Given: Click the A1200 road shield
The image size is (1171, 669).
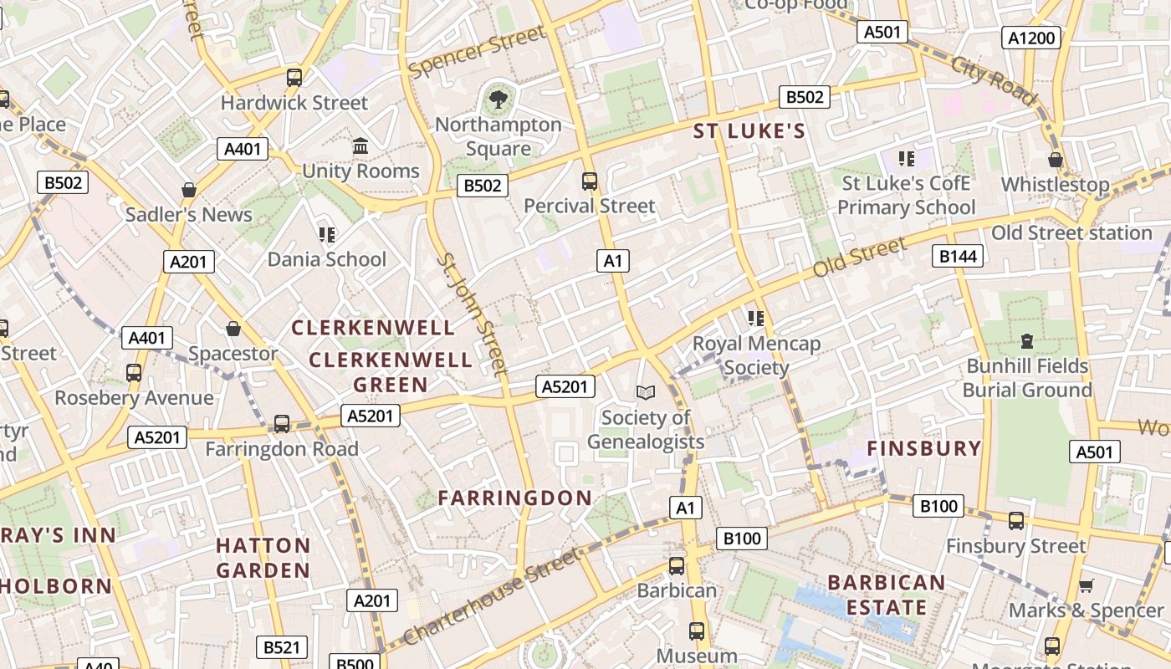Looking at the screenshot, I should tap(1032, 38).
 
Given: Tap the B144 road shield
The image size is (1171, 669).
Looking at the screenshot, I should tap(958, 256).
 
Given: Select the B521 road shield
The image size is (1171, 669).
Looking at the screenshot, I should tap(282, 647).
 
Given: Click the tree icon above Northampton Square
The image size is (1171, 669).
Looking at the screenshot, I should tap(499, 100).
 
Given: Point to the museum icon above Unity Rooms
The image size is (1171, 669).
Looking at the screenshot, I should tap(361, 146).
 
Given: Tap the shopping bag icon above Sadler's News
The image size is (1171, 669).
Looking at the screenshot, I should tap(189, 190).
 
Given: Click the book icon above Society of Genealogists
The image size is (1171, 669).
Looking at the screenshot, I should tap(646, 392).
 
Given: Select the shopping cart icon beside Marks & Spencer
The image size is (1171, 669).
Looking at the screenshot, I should tap(1086, 585).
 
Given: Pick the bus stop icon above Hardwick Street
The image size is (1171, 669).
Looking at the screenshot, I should tap(294, 78).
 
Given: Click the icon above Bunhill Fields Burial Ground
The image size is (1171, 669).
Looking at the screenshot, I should tap(1027, 341).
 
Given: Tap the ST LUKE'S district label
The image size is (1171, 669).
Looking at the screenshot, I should tap(749, 130).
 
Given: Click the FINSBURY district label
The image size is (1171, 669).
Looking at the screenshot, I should tap(924, 448).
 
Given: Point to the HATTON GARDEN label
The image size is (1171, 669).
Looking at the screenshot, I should tap(263, 558).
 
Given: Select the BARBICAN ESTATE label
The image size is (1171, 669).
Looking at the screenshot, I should tap(887, 595).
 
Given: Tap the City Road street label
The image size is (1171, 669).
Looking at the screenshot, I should tap(993, 79).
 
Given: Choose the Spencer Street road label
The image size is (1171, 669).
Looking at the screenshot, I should tap(478, 53).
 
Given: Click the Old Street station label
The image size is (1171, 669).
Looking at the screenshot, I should tap(1071, 232).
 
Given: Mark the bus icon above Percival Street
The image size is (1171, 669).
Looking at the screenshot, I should tap(590, 181).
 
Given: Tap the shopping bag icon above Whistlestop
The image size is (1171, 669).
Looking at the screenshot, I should tap(1056, 160).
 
